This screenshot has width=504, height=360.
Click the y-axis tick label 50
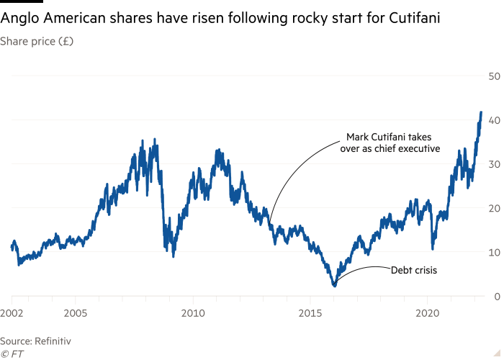click(494, 76)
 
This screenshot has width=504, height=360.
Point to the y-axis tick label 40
click(494, 120)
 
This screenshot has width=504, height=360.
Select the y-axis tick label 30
click(494, 164)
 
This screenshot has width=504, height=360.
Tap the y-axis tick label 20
click(494, 208)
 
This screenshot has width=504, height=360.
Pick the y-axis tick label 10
click(494, 252)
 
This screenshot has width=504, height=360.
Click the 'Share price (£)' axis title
click(37, 41)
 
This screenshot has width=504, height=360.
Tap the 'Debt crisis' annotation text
click(414, 270)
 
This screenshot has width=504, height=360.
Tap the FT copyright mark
click(11, 353)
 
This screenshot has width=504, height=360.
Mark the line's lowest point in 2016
click(334, 286)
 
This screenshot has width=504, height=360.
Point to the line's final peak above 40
click(480, 113)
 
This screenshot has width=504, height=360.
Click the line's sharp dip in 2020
click(433, 248)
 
